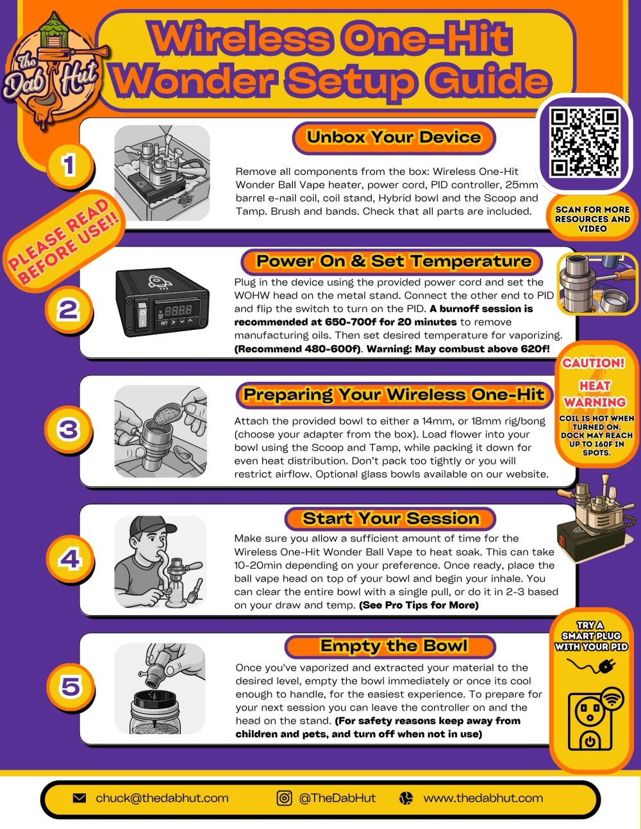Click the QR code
click(x=585, y=142)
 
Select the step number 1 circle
click(x=69, y=166)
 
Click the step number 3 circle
click(x=69, y=429)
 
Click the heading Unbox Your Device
click(x=394, y=137)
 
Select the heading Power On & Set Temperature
click(x=394, y=261)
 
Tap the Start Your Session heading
click(x=391, y=518)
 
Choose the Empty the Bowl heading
click(x=394, y=646)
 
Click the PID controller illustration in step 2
click(x=162, y=300)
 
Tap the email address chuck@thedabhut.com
click(x=162, y=798)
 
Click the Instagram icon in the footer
click(x=284, y=798)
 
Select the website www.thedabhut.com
click(x=483, y=798)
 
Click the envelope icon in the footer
click(x=79, y=798)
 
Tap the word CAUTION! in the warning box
click(x=594, y=363)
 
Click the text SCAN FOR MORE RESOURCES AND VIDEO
click(x=592, y=218)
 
